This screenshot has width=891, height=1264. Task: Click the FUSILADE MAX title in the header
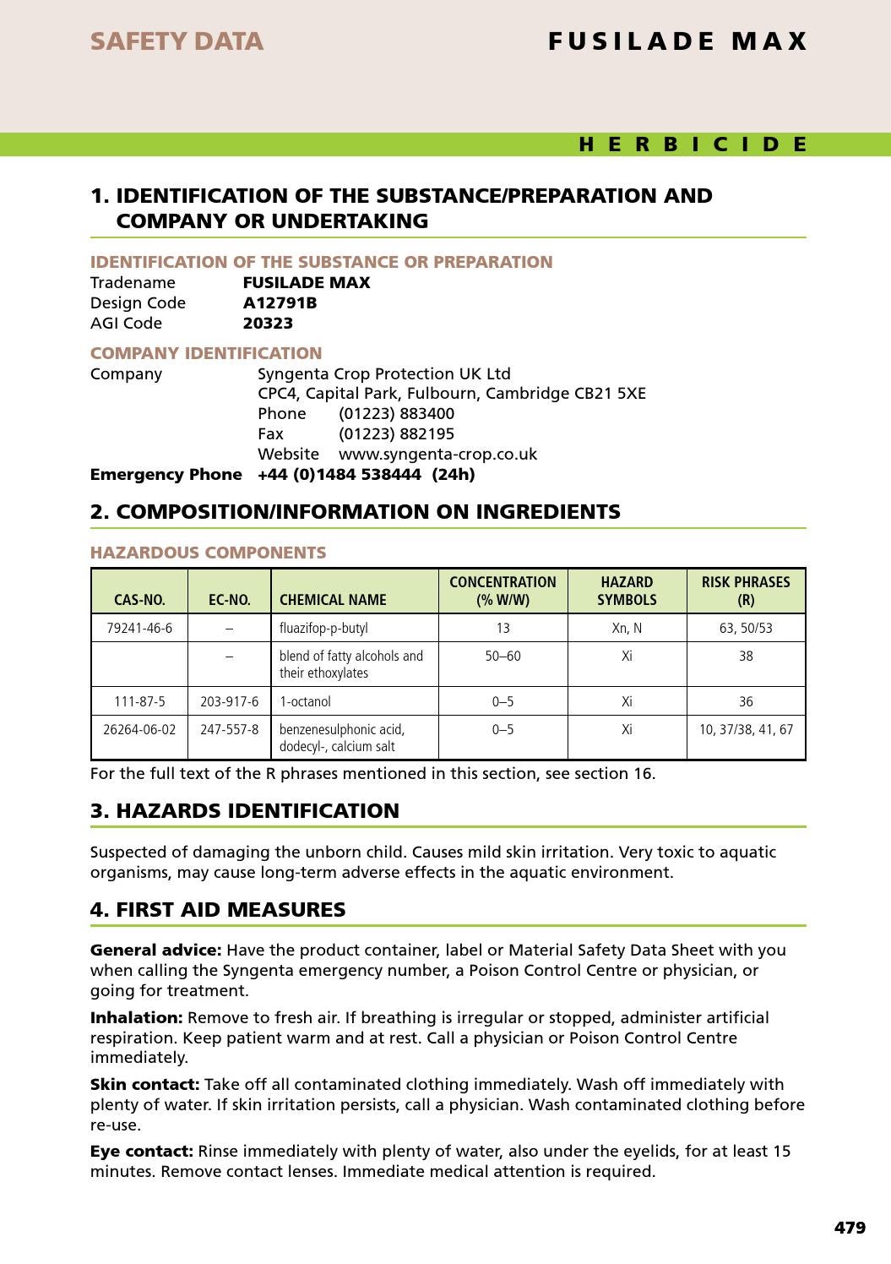[677, 41]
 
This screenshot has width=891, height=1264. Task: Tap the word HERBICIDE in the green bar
[693, 144]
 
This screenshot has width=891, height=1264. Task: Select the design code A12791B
[280, 302]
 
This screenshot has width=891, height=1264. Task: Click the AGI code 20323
[268, 323]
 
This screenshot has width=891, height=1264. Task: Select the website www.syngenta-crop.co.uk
[437, 454]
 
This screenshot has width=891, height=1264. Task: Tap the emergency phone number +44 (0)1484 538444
[339, 474]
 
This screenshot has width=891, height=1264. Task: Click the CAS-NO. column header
[139, 600]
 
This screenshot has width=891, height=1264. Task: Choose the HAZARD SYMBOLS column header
[627, 591]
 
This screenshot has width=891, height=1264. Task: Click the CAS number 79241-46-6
[139, 628]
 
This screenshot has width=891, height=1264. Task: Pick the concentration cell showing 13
[503, 628]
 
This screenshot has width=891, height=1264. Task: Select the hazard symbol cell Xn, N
[627, 628]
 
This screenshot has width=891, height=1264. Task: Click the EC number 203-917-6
[229, 701]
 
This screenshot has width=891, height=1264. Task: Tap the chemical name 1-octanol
[305, 701]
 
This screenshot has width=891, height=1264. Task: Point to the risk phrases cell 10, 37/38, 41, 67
[746, 729]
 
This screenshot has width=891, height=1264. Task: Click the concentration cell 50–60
[503, 656]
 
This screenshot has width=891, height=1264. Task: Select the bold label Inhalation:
[136, 1017]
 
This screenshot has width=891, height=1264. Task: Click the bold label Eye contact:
[141, 1151]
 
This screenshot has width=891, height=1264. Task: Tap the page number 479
[850, 1228]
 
